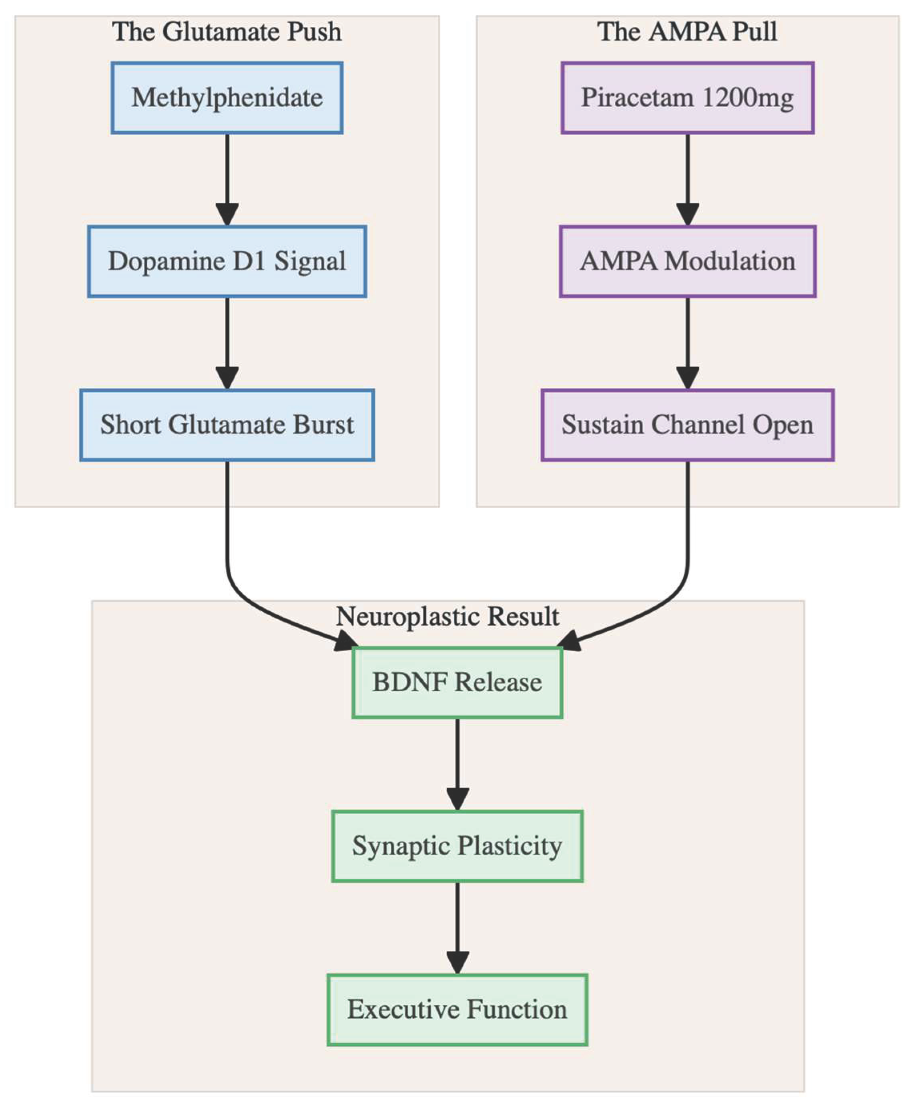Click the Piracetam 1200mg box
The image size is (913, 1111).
[x=687, y=98]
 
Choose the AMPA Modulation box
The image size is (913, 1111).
[x=687, y=261]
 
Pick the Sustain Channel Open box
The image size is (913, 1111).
[x=687, y=424]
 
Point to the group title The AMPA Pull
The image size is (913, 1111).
[x=687, y=32]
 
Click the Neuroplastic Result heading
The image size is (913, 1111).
[x=447, y=616]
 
